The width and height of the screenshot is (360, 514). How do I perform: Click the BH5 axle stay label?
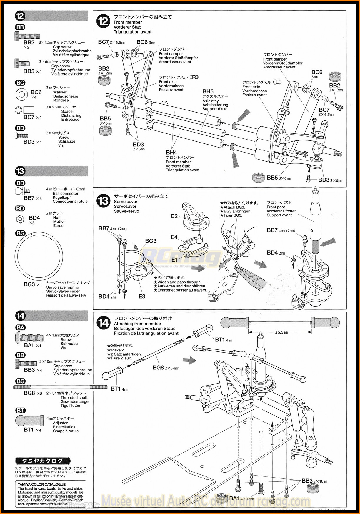(208, 92)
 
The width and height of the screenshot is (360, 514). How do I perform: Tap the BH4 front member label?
(171, 153)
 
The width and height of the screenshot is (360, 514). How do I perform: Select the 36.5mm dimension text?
(281, 332)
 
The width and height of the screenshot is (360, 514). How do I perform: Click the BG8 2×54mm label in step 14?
(166, 368)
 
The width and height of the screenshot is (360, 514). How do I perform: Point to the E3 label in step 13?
(142, 297)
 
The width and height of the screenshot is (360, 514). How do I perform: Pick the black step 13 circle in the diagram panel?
(104, 201)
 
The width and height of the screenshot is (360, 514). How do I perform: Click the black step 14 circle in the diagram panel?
(104, 323)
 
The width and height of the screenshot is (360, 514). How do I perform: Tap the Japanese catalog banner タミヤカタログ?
(43, 461)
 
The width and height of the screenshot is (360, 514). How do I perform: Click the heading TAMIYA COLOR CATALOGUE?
(41, 485)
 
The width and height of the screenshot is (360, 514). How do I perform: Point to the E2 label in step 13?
(174, 216)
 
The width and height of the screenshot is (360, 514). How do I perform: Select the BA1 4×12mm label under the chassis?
(241, 499)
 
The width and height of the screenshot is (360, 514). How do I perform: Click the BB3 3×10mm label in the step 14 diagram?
(314, 481)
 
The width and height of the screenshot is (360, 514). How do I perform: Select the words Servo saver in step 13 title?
(126, 202)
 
